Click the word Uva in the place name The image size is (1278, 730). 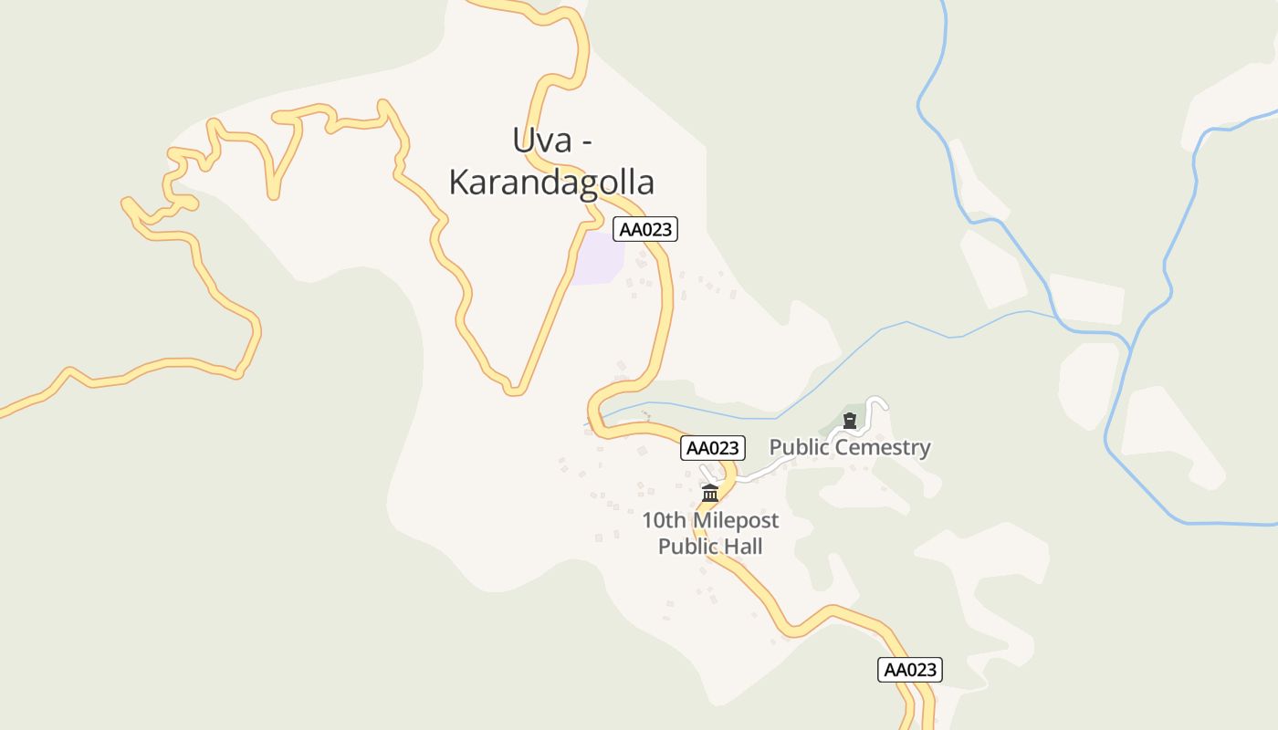click(x=535, y=141)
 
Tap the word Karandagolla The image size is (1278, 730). click(x=551, y=182)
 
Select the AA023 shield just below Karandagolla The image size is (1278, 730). click(x=646, y=229)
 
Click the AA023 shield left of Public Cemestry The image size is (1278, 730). click(x=713, y=448)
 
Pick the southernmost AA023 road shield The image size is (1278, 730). click(x=910, y=670)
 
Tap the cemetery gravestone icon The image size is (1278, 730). click(x=850, y=421)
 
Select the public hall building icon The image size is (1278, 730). click(x=710, y=494)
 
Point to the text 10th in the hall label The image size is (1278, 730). click(x=664, y=521)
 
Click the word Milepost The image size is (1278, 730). click(x=736, y=521)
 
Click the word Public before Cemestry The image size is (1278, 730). click(x=800, y=447)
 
